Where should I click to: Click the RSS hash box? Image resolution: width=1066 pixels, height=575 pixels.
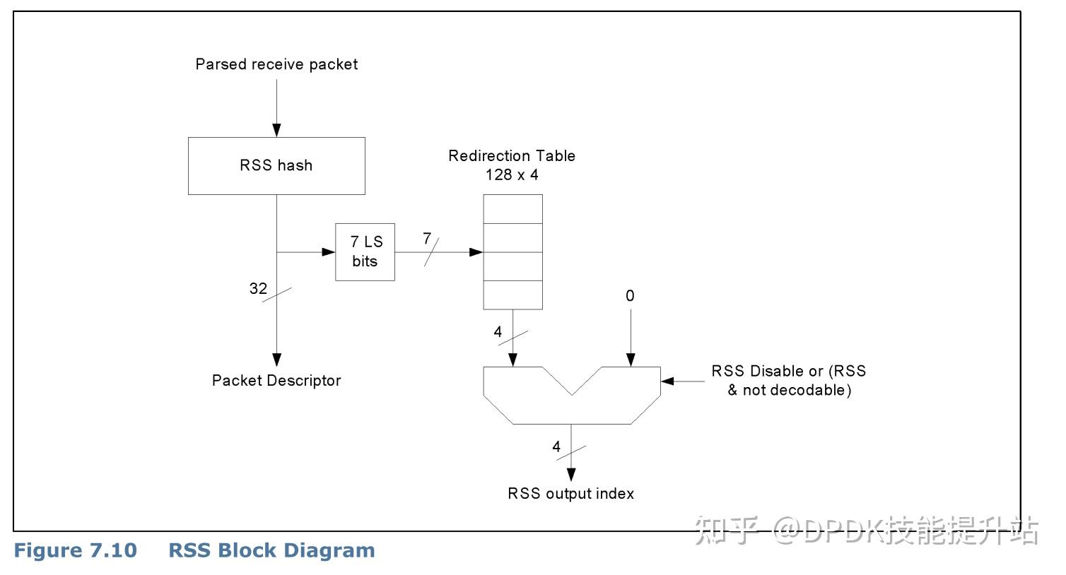[276, 166]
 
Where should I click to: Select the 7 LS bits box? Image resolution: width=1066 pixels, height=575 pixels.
[365, 251]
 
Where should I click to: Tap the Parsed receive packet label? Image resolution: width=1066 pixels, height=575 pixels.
[276, 64]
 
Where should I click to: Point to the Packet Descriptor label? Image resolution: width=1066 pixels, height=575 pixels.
[276, 381]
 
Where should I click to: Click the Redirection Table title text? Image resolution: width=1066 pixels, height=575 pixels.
[512, 156]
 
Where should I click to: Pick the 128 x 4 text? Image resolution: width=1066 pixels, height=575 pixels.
[512, 174]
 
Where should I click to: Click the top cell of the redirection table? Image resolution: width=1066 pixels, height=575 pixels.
[512, 209]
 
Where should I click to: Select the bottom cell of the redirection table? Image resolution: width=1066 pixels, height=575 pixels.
[512, 295]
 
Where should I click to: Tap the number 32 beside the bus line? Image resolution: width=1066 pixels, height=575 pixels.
[258, 288]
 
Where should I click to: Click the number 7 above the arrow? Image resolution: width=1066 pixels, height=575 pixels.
[427, 239]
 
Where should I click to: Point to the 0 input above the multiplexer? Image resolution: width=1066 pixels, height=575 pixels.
[630, 296]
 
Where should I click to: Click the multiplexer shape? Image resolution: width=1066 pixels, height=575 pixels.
[571, 403]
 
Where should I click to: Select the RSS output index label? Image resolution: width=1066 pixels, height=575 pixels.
[570, 494]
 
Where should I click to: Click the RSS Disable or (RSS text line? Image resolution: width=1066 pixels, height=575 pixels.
[788, 372]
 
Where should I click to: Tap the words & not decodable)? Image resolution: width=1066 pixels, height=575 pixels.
[789, 390]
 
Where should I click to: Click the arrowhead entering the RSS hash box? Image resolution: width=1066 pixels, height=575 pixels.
[276, 131]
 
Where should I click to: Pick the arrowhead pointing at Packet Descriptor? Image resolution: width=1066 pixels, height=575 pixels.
[276, 359]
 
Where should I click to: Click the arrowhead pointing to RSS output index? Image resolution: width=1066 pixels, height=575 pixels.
[571, 475]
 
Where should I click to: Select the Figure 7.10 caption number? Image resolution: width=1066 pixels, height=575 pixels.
[76, 551]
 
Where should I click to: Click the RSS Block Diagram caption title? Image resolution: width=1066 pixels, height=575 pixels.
[271, 551]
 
